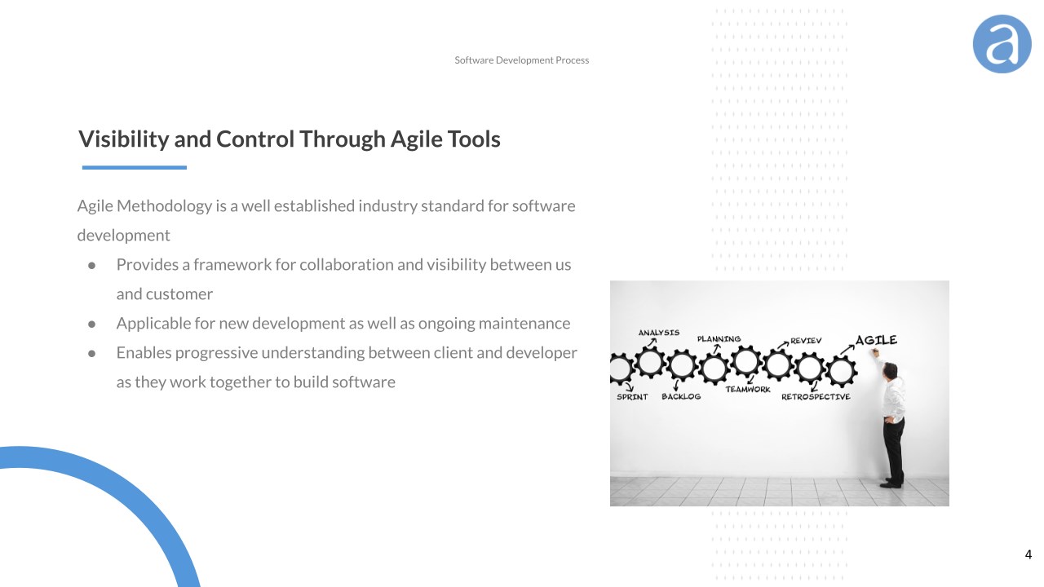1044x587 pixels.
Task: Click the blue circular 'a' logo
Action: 1002,44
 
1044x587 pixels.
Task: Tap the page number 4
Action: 1029,554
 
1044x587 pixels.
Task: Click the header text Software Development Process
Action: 521,60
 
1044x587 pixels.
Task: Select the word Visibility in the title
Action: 123,139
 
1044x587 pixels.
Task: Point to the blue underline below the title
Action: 135,167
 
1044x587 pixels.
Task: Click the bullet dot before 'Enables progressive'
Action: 92,354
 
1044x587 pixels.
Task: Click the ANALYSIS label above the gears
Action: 658,333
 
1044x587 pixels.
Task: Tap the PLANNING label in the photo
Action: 719,338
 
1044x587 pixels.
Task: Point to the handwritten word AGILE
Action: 876,340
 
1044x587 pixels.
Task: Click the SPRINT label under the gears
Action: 632,397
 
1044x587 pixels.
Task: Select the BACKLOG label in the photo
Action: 681,396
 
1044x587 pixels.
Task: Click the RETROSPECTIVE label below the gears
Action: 816,397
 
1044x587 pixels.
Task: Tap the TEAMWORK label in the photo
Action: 748,390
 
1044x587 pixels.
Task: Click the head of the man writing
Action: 889,370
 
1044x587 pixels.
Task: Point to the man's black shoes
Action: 891,483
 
